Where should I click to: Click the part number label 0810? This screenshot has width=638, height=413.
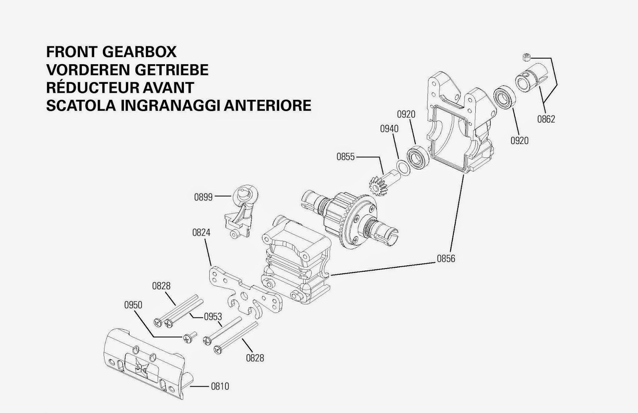(x=220, y=387)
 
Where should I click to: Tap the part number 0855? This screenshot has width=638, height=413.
(x=345, y=157)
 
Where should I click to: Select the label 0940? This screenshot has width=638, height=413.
(x=389, y=129)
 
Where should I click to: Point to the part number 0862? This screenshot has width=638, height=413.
(x=546, y=119)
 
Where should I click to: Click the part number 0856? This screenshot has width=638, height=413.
(x=446, y=259)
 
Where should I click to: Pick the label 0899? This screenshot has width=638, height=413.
(x=203, y=197)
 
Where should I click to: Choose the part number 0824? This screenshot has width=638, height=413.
(x=201, y=233)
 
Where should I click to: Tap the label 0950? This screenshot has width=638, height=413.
(x=133, y=305)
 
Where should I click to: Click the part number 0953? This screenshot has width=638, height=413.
(x=213, y=317)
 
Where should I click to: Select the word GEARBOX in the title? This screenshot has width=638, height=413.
(x=139, y=52)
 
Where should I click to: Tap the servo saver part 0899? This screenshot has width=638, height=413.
(x=241, y=211)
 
